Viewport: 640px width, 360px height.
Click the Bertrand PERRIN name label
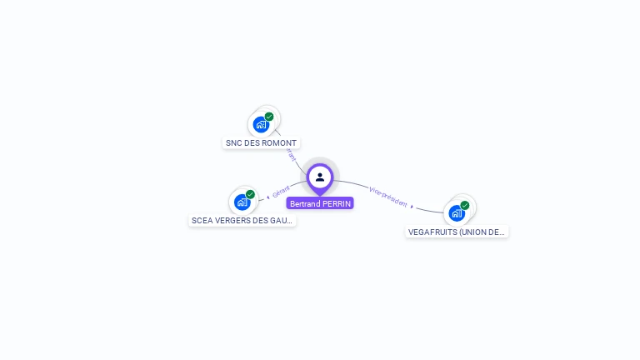(x=320, y=203)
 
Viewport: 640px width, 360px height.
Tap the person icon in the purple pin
(x=320, y=177)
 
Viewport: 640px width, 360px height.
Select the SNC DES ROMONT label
(x=261, y=143)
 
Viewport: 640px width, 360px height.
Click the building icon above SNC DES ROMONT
(x=261, y=125)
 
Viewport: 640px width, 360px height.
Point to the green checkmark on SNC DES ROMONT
(x=269, y=117)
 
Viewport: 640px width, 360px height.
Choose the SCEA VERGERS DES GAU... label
(x=242, y=221)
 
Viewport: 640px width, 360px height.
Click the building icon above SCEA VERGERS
(x=242, y=202)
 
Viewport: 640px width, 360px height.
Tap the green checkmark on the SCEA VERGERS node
(x=250, y=194)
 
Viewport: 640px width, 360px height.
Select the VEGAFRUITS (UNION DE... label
(x=457, y=232)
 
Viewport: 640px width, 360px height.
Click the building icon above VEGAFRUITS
(x=457, y=212)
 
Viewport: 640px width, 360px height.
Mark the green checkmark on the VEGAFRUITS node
(x=465, y=205)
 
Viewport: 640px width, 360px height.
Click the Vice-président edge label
(x=388, y=197)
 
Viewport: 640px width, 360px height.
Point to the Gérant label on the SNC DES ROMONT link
(x=291, y=155)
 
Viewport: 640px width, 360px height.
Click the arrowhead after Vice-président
(x=412, y=205)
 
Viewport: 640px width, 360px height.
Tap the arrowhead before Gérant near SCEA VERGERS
(x=267, y=197)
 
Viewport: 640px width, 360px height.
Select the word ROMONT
(x=280, y=143)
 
